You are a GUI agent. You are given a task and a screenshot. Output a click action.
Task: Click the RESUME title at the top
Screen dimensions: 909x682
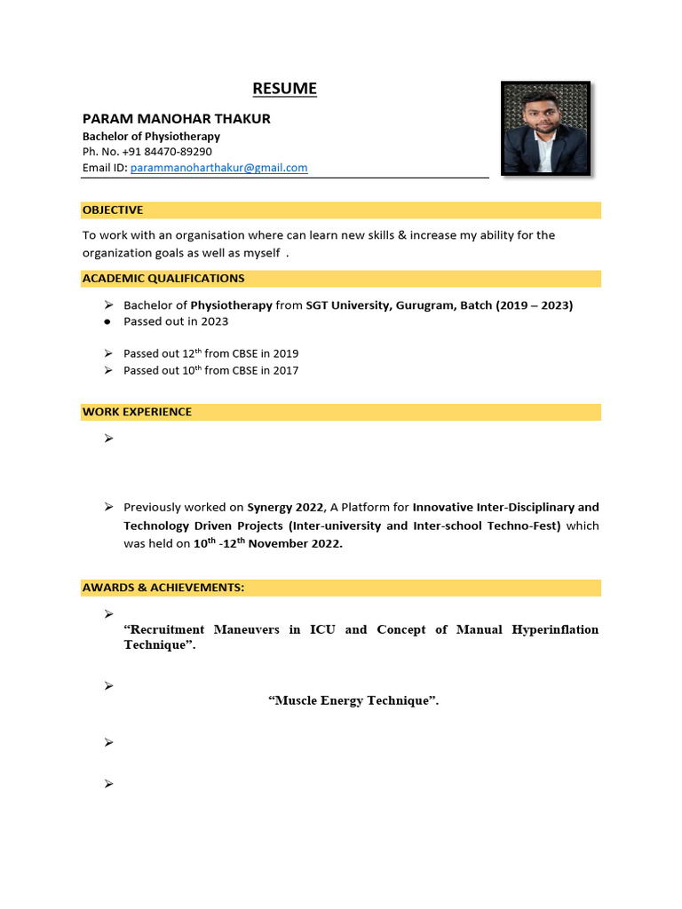point(284,88)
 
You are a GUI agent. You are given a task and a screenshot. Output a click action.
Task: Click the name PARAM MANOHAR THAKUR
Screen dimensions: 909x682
point(177,118)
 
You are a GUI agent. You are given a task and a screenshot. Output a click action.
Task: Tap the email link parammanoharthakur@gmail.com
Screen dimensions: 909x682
point(218,167)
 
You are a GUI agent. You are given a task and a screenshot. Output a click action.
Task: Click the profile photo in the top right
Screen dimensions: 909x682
point(545,129)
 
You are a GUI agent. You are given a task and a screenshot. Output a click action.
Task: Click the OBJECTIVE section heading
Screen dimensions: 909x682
point(113,209)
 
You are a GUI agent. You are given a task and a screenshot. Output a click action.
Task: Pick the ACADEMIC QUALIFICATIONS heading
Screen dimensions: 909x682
point(163,278)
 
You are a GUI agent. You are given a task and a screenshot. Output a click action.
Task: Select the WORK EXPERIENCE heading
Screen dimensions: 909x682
point(137,412)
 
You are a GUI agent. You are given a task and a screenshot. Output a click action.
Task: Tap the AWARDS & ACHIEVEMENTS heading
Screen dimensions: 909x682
point(163,588)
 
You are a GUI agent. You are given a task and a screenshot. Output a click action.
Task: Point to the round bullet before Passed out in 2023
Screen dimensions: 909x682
point(107,321)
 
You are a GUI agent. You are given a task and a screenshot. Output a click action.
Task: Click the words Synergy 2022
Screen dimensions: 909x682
point(285,507)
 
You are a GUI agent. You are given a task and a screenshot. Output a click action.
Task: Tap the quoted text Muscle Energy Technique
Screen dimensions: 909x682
point(353,700)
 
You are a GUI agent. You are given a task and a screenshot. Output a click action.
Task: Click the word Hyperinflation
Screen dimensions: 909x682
point(555,629)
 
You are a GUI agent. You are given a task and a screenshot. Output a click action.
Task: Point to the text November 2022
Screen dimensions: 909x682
point(295,544)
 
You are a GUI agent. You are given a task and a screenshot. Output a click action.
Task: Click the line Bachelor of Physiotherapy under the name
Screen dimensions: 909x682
point(151,137)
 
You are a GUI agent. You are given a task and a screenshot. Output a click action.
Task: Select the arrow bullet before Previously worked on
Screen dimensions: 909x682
point(108,507)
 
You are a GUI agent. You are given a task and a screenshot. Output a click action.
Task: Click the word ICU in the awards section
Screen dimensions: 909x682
point(322,629)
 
